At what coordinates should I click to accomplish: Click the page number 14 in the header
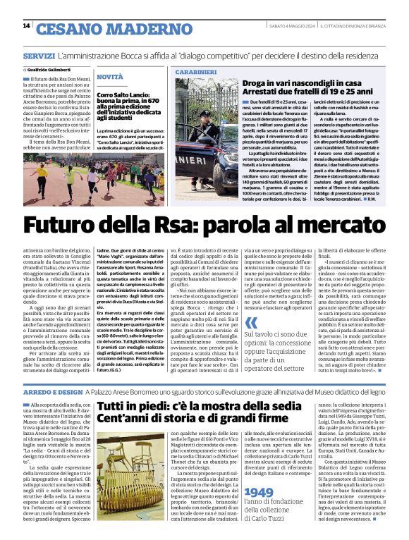tap(26, 26)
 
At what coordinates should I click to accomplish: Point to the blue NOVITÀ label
tap(109, 76)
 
